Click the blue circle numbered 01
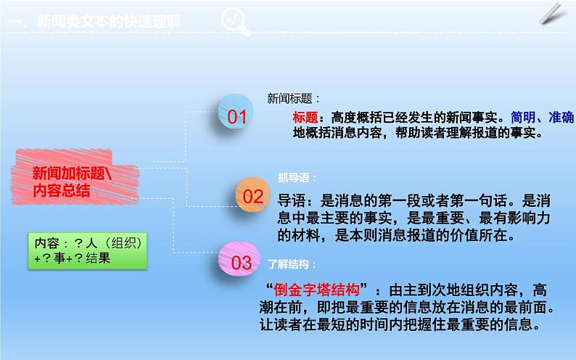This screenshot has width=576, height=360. click(x=237, y=116)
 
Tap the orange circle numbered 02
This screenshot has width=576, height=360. click(x=252, y=195)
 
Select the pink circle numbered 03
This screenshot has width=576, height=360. click(x=240, y=262)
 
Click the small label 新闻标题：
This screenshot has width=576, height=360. click(x=294, y=98)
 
